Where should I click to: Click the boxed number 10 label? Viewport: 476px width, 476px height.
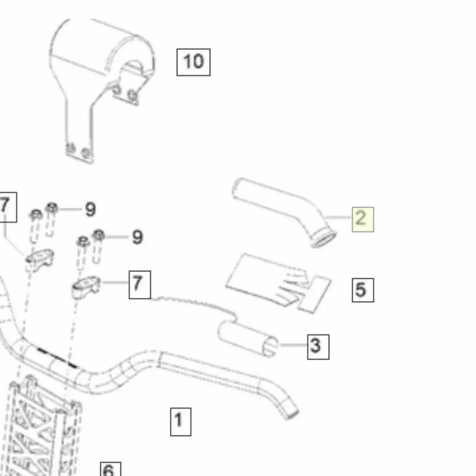pos(194,62)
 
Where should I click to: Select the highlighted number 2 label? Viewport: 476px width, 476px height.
pos(363,219)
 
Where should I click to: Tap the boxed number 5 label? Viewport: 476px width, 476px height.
pos(363,290)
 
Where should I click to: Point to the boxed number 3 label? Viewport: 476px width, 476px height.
pos(318,347)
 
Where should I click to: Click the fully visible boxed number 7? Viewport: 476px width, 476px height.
pos(140,285)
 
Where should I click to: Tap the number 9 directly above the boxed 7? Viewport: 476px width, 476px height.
pos(138,237)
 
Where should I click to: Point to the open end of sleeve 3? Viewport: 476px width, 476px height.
pos(270,347)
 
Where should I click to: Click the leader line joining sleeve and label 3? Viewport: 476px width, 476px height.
pos(294,345)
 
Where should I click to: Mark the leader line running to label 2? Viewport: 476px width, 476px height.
pos(339,217)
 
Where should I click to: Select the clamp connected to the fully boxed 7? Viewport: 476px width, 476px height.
pos(86,286)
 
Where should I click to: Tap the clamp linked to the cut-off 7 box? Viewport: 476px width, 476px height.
pos(40,260)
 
